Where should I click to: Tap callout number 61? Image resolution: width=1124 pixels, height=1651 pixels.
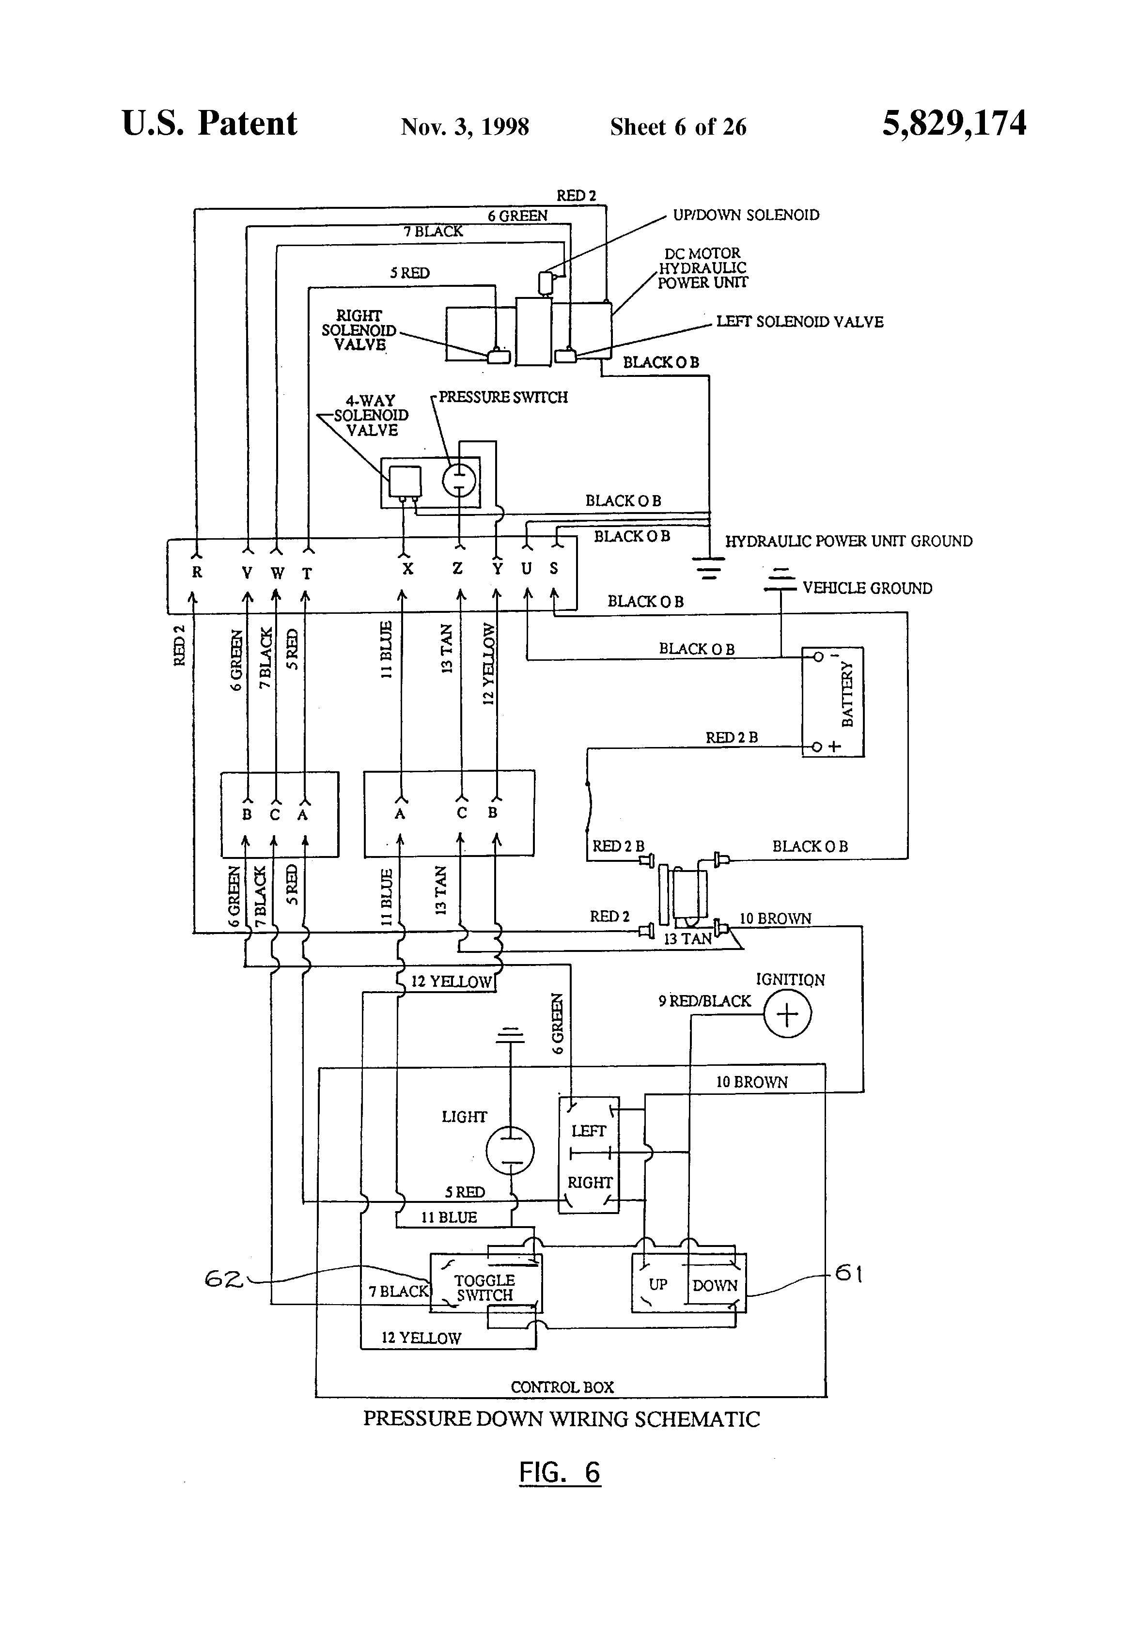(x=848, y=1273)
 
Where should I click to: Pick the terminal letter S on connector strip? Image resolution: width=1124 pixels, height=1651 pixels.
(x=553, y=568)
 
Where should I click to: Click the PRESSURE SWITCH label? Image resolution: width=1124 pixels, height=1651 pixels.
(x=503, y=397)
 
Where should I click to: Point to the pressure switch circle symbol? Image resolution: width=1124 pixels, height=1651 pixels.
(x=459, y=480)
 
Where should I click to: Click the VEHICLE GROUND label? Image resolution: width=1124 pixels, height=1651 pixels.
(x=867, y=588)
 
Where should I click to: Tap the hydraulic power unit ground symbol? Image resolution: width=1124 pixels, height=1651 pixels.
(x=708, y=567)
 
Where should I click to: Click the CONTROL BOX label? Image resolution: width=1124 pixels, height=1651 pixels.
(x=562, y=1386)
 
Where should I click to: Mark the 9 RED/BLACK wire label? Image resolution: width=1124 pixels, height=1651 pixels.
(x=704, y=1001)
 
